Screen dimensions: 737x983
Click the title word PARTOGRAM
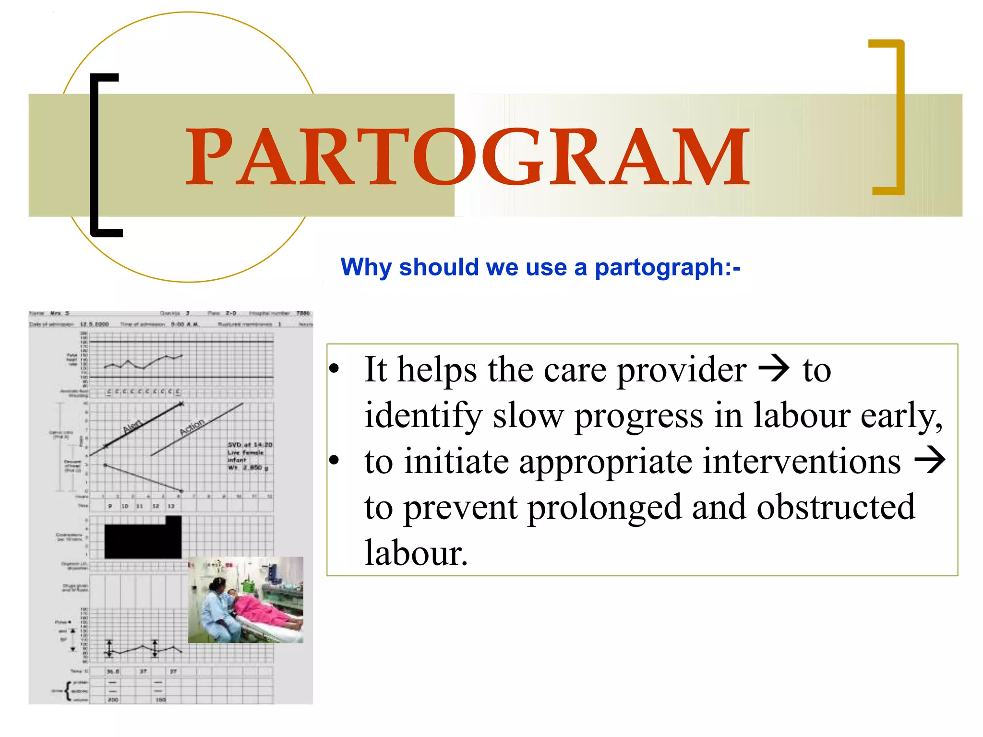point(468,156)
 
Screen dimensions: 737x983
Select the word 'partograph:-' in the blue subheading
point(667,267)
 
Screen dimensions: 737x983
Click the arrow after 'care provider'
point(774,369)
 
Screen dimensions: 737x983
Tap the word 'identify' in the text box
point(422,416)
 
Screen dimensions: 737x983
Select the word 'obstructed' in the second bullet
point(836,507)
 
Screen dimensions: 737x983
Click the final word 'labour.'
point(416,553)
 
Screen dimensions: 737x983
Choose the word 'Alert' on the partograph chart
point(132,426)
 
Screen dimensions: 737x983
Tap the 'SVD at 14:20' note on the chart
point(250,445)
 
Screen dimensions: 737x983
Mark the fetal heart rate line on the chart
point(144,364)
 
